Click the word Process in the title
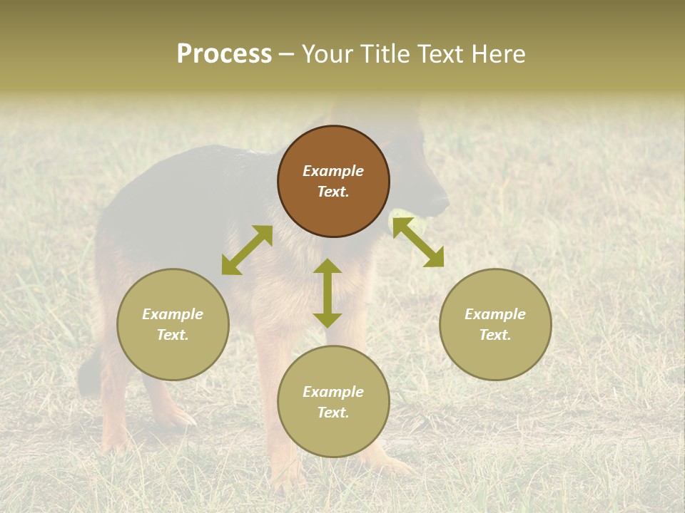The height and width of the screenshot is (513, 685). point(224,54)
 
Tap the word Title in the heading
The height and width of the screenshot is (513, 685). point(385,54)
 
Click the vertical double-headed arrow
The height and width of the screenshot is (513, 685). point(328,293)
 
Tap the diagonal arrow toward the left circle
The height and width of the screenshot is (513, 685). point(247,250)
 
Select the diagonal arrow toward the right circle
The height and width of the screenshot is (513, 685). point(418,243)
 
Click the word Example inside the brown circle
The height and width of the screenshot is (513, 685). point(333,171)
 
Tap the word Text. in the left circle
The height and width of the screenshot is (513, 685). point(173,335)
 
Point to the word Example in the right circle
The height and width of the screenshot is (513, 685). point(495,314)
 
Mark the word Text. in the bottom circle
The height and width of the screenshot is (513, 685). point(333,413)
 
